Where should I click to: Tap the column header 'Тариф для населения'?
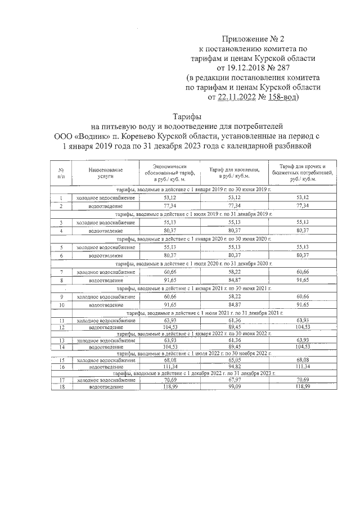point(234,172)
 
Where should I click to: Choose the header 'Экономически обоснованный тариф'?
point(170,172)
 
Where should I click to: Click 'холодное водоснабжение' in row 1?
point(106,198)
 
